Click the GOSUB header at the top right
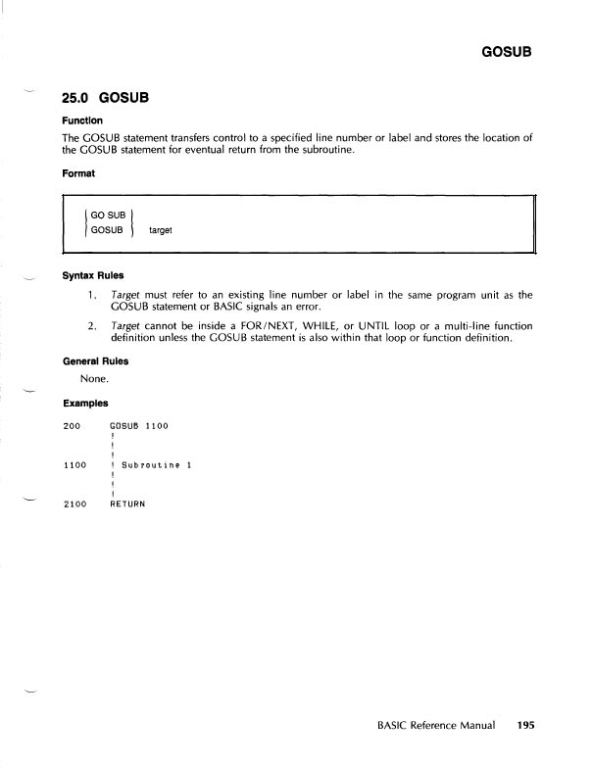(507, 50)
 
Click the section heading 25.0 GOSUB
(109, 98)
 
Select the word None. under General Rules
(94, 378)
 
